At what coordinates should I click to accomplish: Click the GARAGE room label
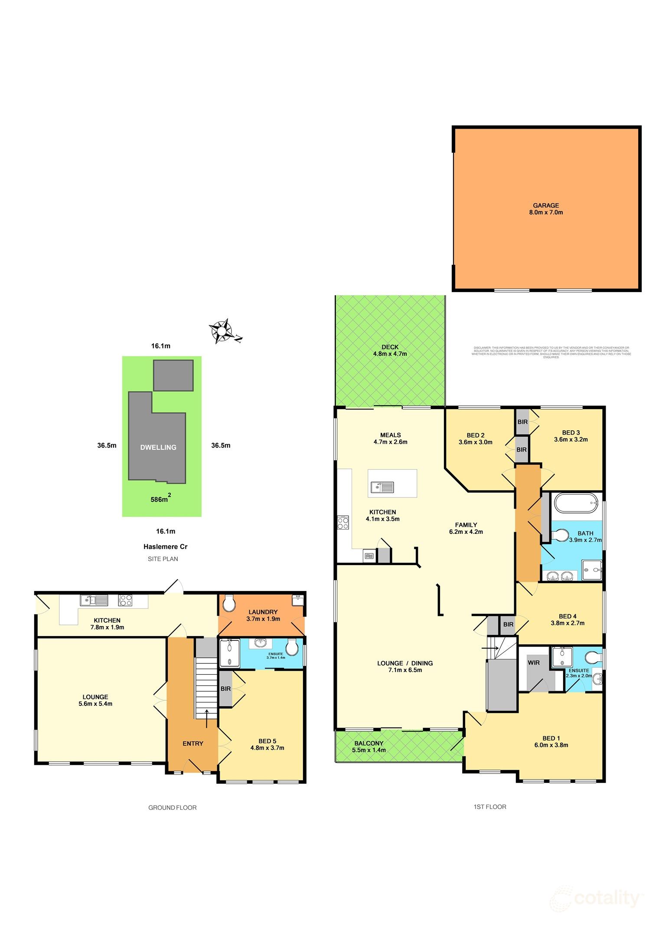point(546,209)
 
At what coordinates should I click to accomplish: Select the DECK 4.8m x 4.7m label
point(390,350)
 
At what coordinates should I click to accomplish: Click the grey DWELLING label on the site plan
point(158,447)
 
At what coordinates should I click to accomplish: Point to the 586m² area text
point(160,499)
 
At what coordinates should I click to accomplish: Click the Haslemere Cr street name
point(165,546)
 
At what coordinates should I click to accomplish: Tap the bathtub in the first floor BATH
point(576,503)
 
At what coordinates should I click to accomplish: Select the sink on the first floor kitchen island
point(382,487)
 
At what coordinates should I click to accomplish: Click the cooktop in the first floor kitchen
point(343,523)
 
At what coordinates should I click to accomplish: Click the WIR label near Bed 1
point(534,663)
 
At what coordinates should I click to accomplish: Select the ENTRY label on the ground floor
point(193,743)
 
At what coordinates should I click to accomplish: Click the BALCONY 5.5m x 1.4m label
point(369,746)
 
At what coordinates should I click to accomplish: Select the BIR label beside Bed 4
point(508,624)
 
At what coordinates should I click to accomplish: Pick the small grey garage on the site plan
point(173,375)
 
